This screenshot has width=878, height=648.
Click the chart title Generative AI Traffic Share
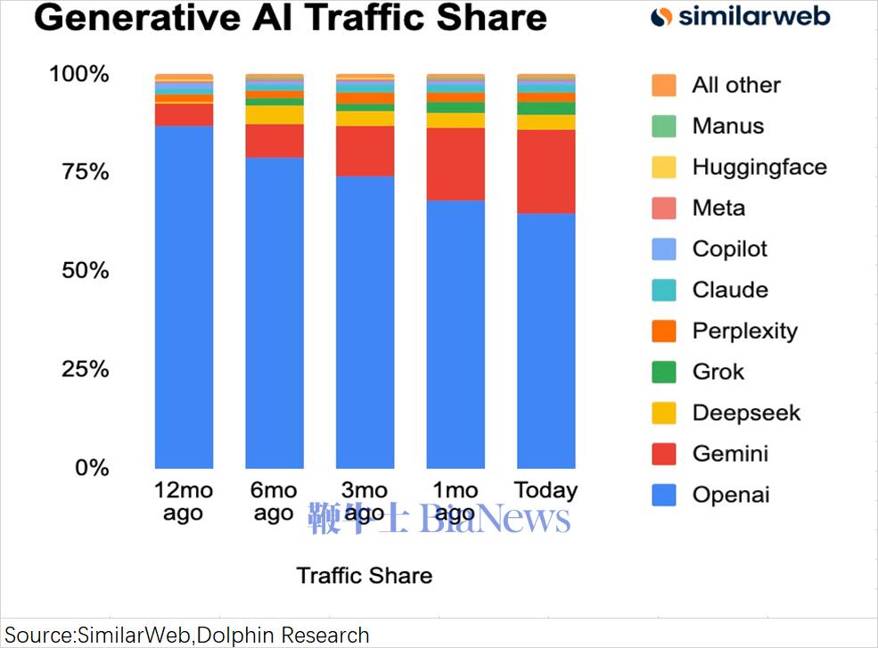pyautogui.click(x=291, y=19)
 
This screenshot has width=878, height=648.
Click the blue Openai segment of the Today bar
pyautogui.click(x=546, y=339)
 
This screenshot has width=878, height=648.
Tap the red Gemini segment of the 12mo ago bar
pyautogui.click(x=184, y=115)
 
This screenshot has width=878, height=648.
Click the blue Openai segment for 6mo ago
pyautogui.click(x=275, y=312)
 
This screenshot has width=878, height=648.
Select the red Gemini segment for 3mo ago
pyautogui.click(x=365, y=151)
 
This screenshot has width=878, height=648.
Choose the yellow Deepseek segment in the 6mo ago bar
pyautogui.click(x=275, y=115)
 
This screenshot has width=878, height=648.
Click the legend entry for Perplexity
pyautogui.click(x=744, y=331)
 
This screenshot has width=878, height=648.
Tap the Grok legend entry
pyautogui.click(x=718, y=372)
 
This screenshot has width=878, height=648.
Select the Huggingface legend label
pyautogui.click(x=759, y=167)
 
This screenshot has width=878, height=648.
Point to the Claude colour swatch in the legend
pyautogui.click(x=664, y=290)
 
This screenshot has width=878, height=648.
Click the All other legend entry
pyautogui.click(x=735, y=85)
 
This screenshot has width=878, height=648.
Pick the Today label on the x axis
pyautogui.click(x=546, y=490)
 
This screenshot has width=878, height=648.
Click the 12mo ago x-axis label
pyautogui.click(x=184, y=501)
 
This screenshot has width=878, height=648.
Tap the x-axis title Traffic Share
pyautogui.click(x=365, y=575)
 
